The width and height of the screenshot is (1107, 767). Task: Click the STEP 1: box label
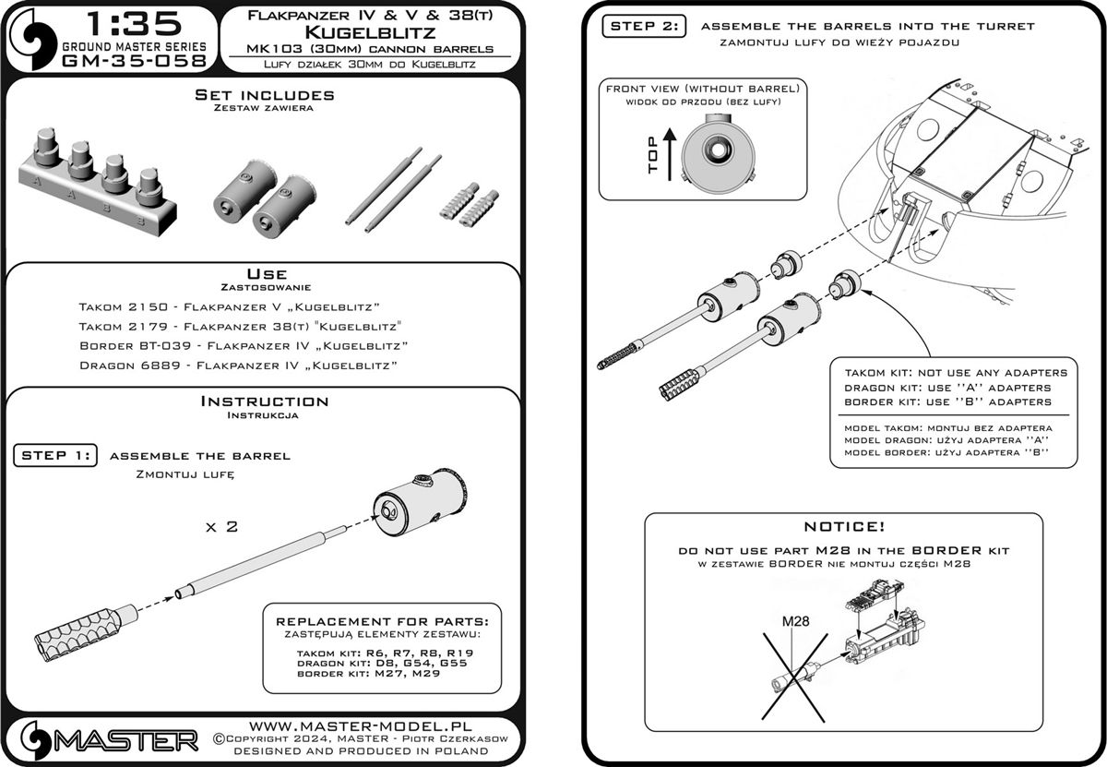tap(56, 455)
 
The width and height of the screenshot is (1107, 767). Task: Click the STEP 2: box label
tap(644, 27)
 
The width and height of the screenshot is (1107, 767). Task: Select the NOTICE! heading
tap(844, 526)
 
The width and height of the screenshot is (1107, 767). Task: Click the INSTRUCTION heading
tap(264, 401)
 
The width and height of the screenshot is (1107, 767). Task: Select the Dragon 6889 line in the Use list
tap(238, 366)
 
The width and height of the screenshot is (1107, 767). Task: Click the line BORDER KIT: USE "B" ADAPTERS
tap(947, 402)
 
